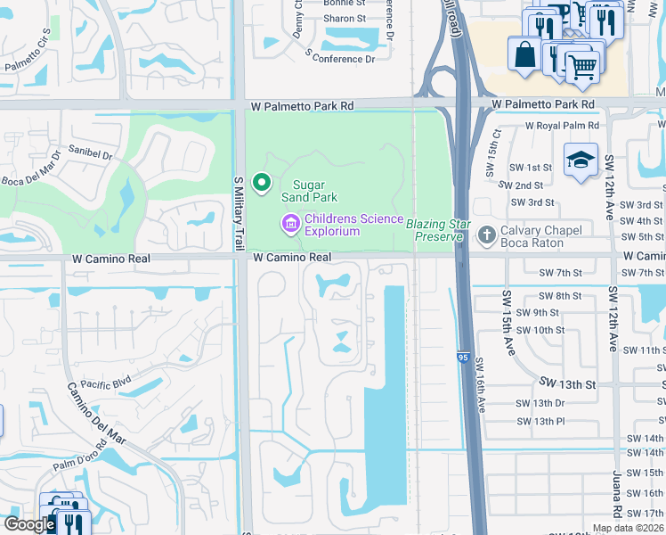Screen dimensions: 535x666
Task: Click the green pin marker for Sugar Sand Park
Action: coord(262,183)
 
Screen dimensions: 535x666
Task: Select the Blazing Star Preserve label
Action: coord(435,230)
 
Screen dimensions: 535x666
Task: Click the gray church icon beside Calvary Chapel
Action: coord(486,235)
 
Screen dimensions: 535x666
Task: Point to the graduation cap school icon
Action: coord(581,160)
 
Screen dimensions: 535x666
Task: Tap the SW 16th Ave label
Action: coord(482,384)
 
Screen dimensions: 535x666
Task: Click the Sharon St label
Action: coord(345,18)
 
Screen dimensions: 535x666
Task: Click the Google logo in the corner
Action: coord(28,524)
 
